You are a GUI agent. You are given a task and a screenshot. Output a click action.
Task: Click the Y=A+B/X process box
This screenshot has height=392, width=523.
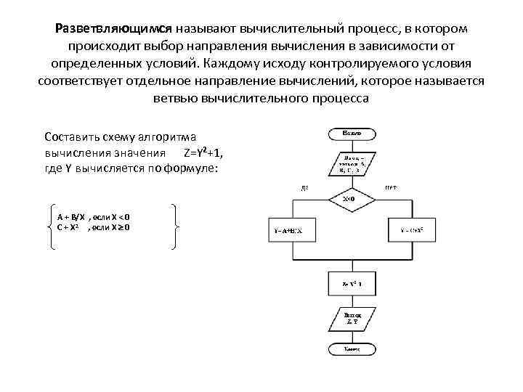(x=288, y=230)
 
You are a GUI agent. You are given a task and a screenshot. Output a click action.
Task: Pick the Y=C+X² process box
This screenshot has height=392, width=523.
(x=412, y=230)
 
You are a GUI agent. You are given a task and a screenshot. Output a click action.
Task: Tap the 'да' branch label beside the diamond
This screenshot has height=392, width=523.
(x=304, y=187)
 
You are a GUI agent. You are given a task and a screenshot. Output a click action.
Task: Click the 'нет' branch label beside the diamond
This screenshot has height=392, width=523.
(x=390, y=187)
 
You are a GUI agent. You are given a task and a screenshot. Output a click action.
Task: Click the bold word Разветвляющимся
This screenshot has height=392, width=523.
(x=113, y=28)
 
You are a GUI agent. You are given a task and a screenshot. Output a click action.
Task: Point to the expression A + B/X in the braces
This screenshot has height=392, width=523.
(x=71, y=217)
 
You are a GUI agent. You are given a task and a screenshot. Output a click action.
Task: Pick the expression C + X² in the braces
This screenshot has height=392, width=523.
(x=69, y=227)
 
